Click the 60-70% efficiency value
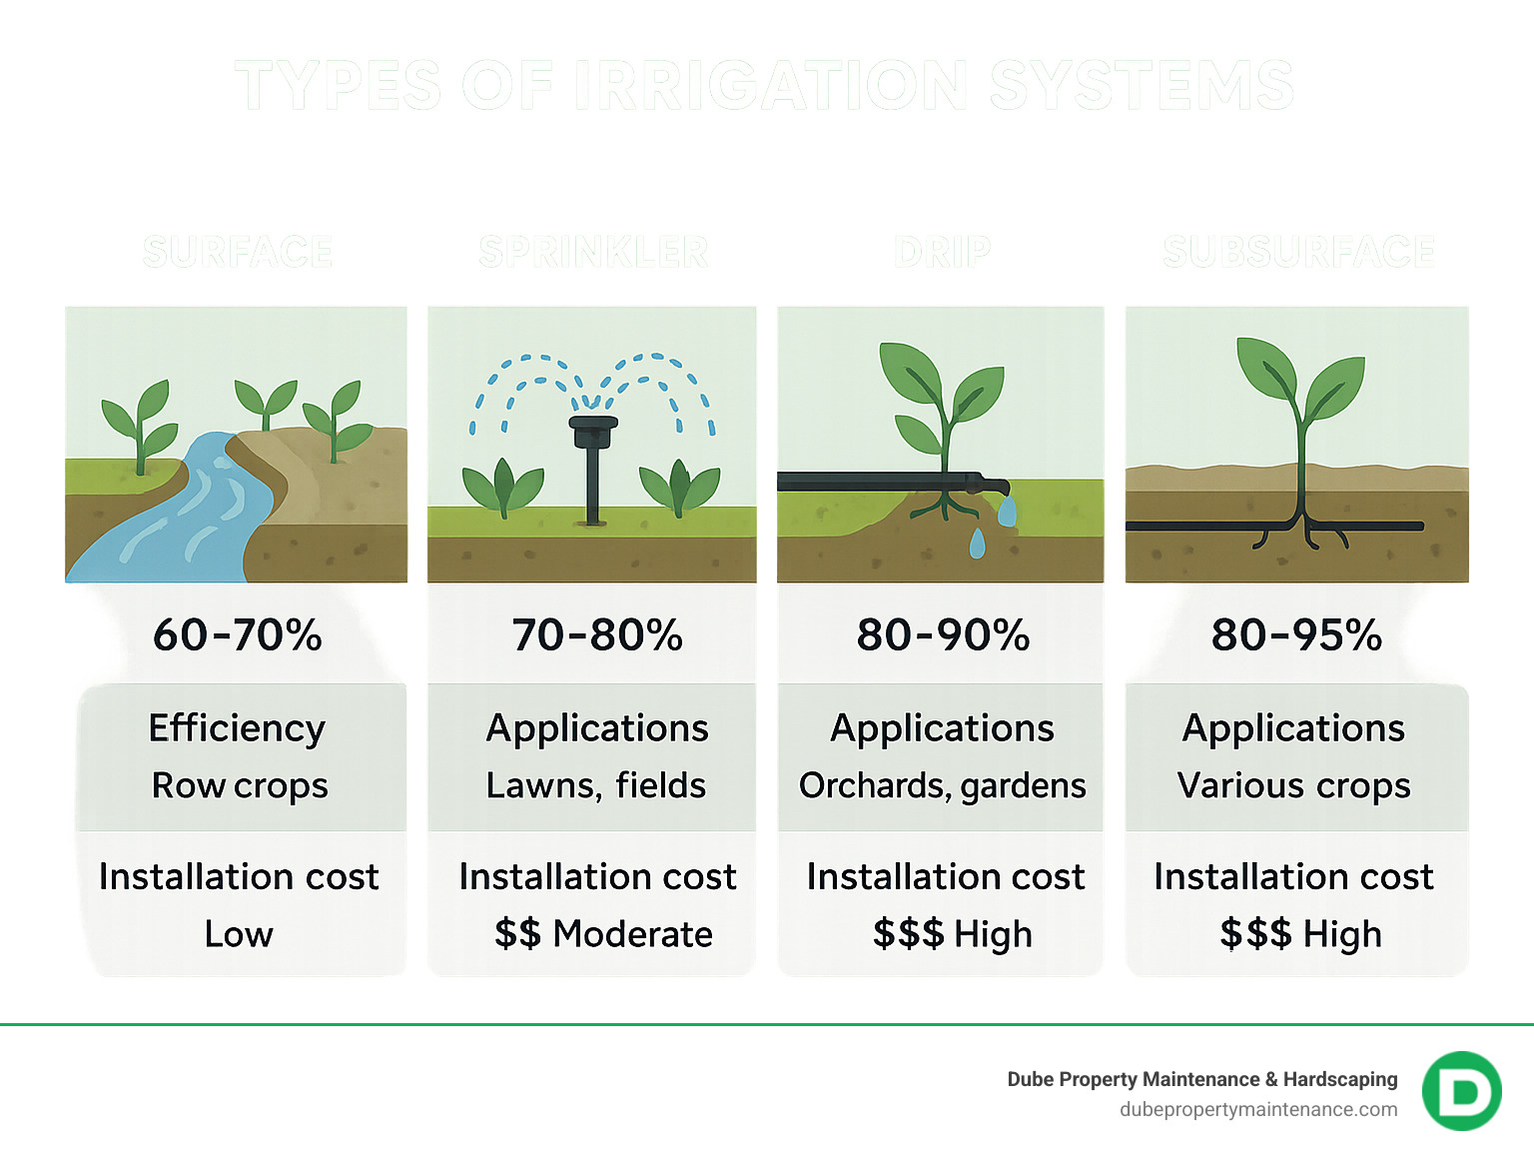point(238,634)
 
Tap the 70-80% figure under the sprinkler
point(597,634)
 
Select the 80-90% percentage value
point(943,634)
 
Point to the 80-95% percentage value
point(1296,634)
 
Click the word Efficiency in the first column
point(237,728)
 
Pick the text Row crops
point(240,786)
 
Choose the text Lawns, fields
point(596,786)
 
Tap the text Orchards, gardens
point(942,786)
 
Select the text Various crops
point(1294,786)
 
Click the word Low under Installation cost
point(239,934)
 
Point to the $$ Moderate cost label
point(603,934)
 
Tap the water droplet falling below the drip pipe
point(977,545)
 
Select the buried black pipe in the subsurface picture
point(1198,526)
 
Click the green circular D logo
point(1461,1091)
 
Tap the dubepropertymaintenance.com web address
point(1258,1109)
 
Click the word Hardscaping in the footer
point(1340,1079)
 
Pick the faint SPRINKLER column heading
point(593,252)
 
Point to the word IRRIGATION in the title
point(771,86)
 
